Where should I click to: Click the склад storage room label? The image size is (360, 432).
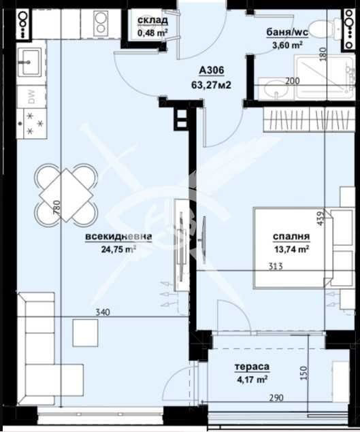coord(152,20)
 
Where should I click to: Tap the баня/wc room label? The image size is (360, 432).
coord(287,32)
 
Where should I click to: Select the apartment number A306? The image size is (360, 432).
coord(212,71)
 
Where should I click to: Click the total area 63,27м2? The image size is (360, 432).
coord(211,85)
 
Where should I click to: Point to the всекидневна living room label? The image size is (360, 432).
coord(118,237)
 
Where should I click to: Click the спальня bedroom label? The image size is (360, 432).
coord(291,236)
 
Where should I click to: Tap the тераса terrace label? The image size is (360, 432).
coord(252,367)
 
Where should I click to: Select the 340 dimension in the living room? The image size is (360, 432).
coord(103,312)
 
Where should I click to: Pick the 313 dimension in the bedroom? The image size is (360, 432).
coord(276,267)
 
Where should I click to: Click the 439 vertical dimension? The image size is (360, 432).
coord(321,218)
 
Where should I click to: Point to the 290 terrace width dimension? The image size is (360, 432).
coord(276,398)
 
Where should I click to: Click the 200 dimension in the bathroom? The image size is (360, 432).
coord(292,81)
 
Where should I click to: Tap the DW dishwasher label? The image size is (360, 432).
coord(32,97)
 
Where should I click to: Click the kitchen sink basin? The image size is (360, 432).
coord(31,61)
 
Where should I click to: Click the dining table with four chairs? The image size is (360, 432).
coord(65,195)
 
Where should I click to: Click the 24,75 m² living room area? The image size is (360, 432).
coord(118,250)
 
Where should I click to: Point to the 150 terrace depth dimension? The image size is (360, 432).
coord(303,373)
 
